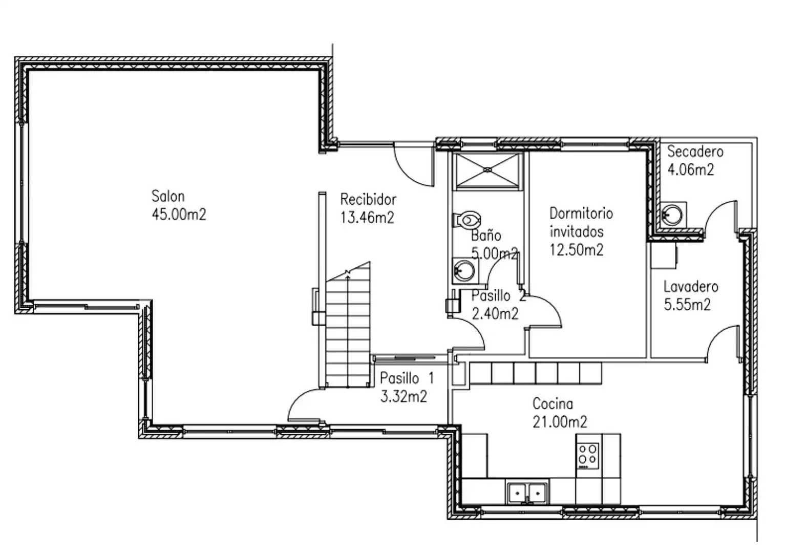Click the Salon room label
[168, 196]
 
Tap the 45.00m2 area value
[179, 214]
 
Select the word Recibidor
[368, 199]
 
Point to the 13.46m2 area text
[367, 218]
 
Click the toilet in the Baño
[466, 220]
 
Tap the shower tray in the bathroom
[487, 170]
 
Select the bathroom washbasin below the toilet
[464, 270]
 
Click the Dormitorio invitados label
[581, 223]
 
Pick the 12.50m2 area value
[577, 250]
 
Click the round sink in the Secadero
[672, 214]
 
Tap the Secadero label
[695, 152]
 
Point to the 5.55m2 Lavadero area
[687, 305]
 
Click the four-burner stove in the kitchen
[588, 456]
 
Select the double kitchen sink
[527, 493]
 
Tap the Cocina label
[553, 403]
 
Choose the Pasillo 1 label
[407, 378]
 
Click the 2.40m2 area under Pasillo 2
[495, 314]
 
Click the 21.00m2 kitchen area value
[560, 421]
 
